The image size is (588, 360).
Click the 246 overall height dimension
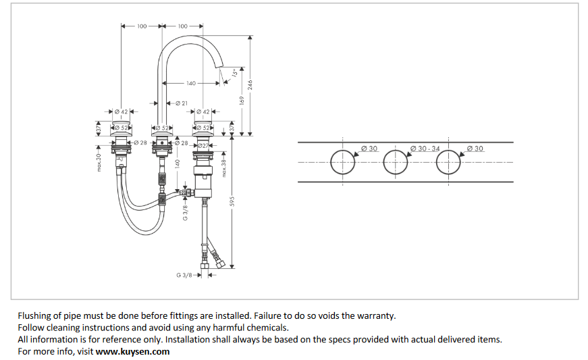(x=250, y=84)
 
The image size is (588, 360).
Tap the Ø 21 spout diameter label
(x=181, y=103)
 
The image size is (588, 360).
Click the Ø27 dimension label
(x=202, y=145)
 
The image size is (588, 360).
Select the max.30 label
(x=99, y=162)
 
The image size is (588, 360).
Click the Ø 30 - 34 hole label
(x=425, y=148)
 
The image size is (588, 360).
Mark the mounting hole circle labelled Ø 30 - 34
(x=396, y=162)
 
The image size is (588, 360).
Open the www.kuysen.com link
(x=132, y=351)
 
